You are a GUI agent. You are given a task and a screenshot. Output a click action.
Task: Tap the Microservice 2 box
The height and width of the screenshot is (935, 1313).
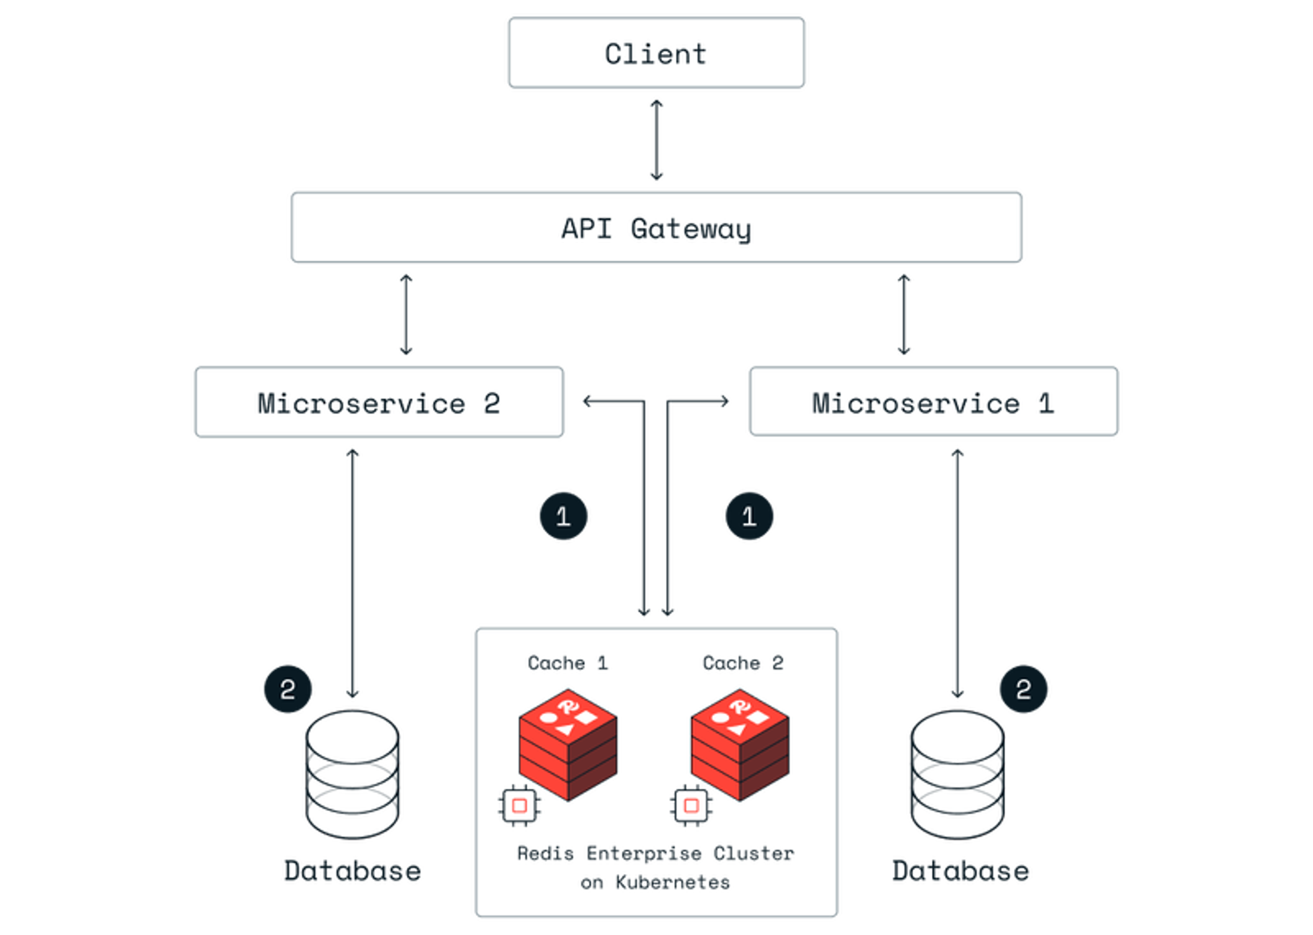pos(379,402)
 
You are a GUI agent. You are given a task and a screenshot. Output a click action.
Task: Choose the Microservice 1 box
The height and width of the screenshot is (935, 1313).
pos(933,401)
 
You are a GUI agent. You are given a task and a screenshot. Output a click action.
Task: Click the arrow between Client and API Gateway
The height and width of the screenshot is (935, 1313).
pos(656,140)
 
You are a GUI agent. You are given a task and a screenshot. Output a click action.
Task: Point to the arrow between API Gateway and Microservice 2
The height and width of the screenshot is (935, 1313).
pos(406,314)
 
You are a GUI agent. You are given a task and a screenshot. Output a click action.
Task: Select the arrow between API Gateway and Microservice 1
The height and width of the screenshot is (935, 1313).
pos(904,314)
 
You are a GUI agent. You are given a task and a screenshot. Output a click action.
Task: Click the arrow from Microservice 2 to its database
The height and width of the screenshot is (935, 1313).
pos(353,573)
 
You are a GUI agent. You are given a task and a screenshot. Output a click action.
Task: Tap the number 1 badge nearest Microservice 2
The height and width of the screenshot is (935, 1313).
pos(564,516)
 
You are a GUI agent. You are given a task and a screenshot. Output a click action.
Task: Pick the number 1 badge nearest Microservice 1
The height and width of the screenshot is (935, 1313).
pos(749,516)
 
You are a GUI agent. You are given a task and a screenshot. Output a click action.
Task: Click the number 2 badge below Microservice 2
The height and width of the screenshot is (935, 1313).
pos(288,689)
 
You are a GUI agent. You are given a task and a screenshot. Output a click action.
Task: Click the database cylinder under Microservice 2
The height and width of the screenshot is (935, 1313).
pos(353,774)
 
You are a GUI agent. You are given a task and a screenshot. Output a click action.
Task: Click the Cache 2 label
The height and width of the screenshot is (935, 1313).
pos(743,663)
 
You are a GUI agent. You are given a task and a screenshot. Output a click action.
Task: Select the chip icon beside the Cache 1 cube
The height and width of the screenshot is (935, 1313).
pos(519,805)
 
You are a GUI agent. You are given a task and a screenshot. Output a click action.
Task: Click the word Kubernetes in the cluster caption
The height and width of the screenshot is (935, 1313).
pos(673,882)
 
